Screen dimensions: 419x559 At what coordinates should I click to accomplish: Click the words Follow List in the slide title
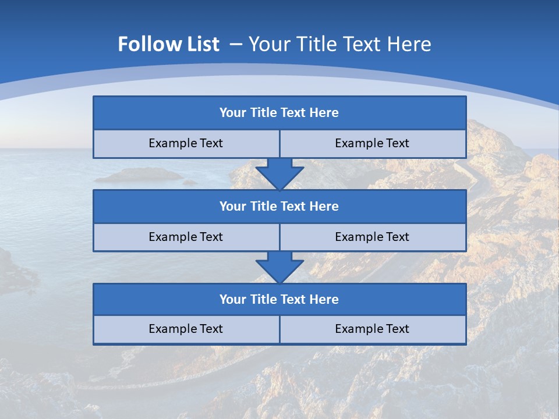pos(168,44)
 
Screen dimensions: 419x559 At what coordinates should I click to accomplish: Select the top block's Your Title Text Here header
pos(279,113)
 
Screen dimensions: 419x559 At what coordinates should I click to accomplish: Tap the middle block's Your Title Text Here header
pos(279,206)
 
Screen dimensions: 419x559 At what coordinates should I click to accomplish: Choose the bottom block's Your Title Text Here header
pos(279,299)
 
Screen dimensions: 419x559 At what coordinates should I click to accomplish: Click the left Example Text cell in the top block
pos(186,143)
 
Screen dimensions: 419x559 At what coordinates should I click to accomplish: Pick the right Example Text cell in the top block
pos(372,143)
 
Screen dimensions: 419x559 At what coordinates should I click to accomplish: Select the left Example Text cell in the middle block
pos(186,237)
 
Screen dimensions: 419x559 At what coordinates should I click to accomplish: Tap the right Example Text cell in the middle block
pos(372,237)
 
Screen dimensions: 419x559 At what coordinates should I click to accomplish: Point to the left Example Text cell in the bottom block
pos(186,329)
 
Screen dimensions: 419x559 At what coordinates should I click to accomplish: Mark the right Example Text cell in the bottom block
pos(372,329)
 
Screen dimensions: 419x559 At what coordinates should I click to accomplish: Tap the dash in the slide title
pos(236,44)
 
